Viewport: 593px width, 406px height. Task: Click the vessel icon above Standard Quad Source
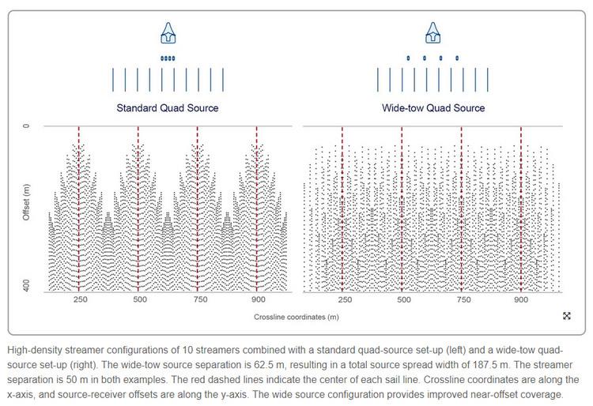pyautogui.click(x=168, y=33)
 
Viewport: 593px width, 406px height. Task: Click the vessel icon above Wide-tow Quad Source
pyautogui.click(x=432, y=33)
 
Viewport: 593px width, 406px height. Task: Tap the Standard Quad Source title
pyautogui.click(x=168, y=107)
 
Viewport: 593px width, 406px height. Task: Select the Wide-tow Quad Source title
pyautogui.click(x=433, y=107)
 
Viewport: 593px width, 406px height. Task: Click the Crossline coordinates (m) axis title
pyautogui.click(x=296, y=317)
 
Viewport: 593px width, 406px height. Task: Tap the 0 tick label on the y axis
pyautogui.click(x=26, y=126)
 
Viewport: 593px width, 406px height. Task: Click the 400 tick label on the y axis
pyautogui.click(x=26, y=286)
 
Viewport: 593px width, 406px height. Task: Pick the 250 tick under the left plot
pyautogui.click(x=79, y=301)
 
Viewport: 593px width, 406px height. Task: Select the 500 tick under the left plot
pyautogui.click(x=138, y=301)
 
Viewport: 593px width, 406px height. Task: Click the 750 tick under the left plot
pyautogui.click(x=198, y=301)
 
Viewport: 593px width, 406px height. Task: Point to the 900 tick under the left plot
pyautogui.click(x=256, y=301)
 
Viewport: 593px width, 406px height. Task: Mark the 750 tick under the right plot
pyautogui.click(x=461, y=301)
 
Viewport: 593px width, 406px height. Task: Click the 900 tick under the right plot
pyautogui.click(x=520, y=301)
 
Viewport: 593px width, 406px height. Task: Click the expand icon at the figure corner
pyautogui.click(x=567, y=316)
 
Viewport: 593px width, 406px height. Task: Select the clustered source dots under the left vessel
pyautogui.click(x=168, y=58)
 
